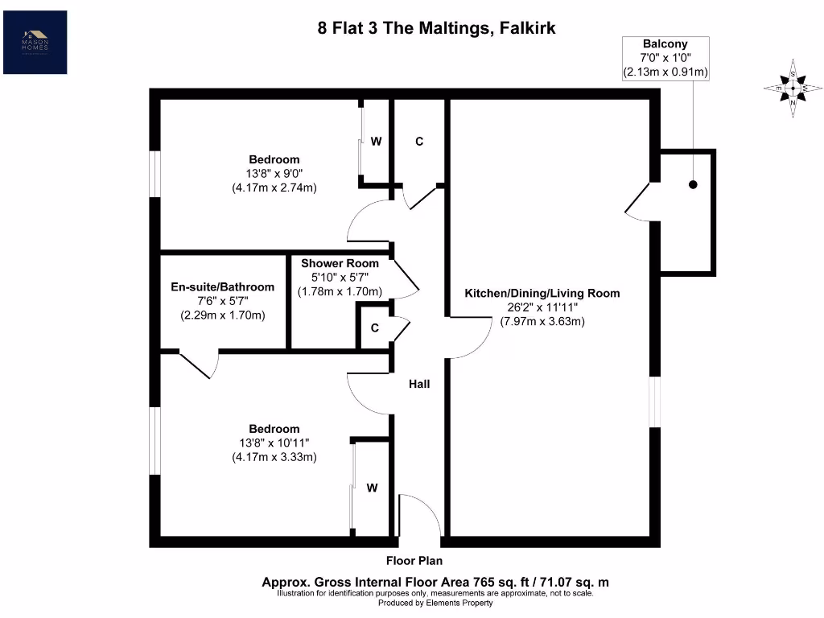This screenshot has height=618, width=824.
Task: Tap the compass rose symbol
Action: click(793, 88)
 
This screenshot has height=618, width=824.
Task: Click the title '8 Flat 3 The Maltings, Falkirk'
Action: click(435, 29)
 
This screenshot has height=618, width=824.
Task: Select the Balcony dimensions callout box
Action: click(665, 58)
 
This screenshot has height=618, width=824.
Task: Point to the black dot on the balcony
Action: click(693, 185)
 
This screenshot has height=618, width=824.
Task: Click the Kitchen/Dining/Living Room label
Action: click(542, 293)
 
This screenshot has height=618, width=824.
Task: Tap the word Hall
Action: click(418, 384)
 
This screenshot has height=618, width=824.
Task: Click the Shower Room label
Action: click(340, 263)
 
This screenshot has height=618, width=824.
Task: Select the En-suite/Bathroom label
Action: click(222, 286)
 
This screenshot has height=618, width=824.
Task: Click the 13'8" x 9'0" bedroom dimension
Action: click(274, 174)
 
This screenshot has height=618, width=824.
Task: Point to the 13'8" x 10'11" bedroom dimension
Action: click(274, 443)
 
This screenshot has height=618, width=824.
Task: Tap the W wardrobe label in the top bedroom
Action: click(375, 142)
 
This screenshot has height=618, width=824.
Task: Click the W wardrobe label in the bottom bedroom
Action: click(373, 487)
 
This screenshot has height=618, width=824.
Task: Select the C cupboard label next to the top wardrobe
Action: click(418, 142)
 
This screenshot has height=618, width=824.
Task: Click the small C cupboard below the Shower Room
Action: click(375, 328)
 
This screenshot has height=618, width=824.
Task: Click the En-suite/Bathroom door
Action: click(199, 365)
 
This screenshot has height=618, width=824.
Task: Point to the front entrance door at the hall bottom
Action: click(418, 516)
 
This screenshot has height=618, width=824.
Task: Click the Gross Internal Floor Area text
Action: click(440, 582)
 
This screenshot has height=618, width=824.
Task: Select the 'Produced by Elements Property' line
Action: click(435, 603)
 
